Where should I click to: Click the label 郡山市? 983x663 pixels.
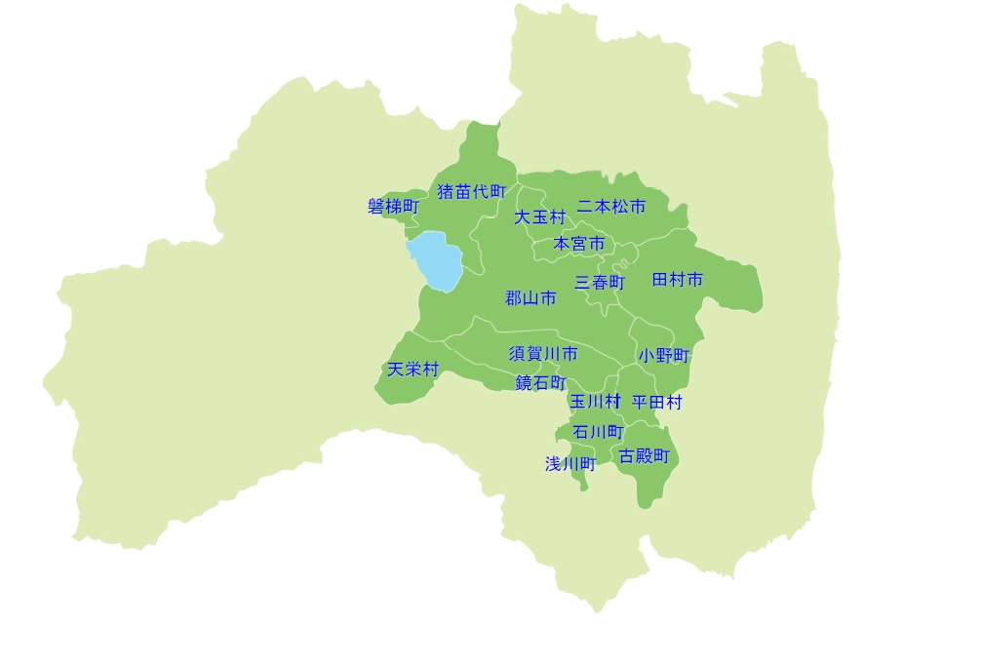(x=531, y=298)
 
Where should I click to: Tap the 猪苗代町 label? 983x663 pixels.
(x=472, y=191)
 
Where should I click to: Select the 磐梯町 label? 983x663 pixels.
(x=393, y=207)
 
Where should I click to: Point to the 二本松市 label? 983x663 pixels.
(x=611, y=207)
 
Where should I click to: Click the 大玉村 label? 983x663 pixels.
(x=539, y=216)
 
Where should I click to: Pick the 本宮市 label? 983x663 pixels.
(x=579, y=243)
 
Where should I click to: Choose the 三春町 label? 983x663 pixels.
(x=600, y=282)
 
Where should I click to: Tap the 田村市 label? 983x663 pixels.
(x=677, y=280)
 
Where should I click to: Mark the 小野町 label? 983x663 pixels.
(x=664, y=356)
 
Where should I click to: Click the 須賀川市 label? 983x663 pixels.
(x=543, y=353)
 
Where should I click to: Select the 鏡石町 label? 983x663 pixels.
(x=540, y=382)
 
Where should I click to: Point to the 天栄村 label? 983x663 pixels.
(x=413, y=370)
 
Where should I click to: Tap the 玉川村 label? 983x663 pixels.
(x=595, y=401)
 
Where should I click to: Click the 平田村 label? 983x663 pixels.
(x=656, y=402)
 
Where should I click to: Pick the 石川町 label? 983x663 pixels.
(x=598, y=431)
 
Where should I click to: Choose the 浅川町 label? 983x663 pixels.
(x=570, y=464)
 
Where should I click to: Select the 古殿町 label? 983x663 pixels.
(x=645, y=455)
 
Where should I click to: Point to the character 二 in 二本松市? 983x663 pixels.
(x=585, y=207)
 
